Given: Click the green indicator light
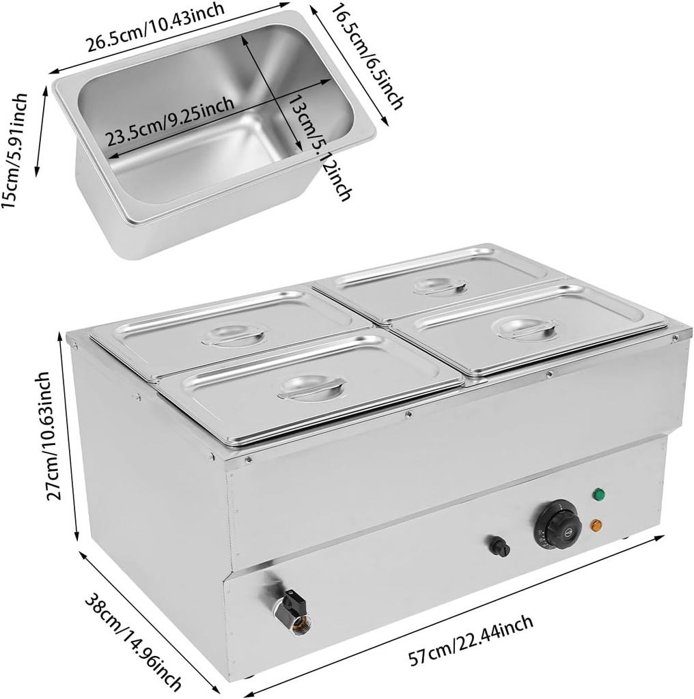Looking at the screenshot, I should (599, 493).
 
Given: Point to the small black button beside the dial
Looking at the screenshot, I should (499, 546).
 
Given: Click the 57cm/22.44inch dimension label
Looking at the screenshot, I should (471, 641).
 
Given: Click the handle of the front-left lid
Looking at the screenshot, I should (311, 387).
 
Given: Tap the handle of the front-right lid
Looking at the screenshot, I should (526, 328).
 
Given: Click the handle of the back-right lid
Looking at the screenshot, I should (441, 285).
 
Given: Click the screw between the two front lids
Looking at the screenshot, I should (408, 414).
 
